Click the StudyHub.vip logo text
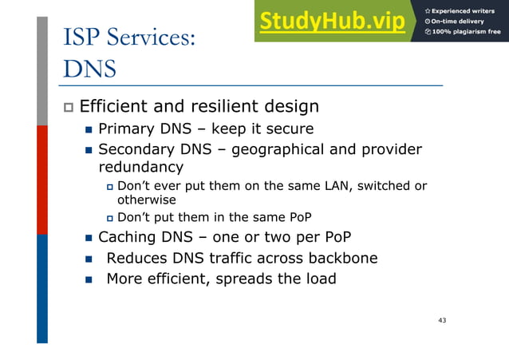pyautogui.click(x=331, y=22)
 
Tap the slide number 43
pyautogui.click(x=442, y=320)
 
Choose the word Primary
pyautogui.click(x=124, y=129)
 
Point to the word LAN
pyautogui.click(x=337, y=186)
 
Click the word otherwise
pyautogui.click(x=147, y=200)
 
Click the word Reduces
pyautogui.click(x=136, y=258)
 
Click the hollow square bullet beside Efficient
pyautogui.click(x=69, y=107)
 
